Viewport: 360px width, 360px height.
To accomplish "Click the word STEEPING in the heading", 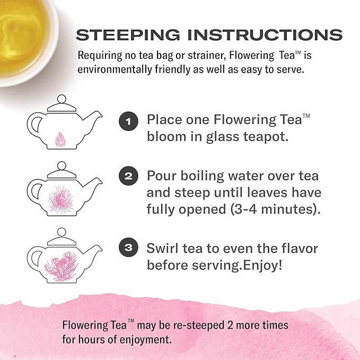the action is tap(128, 35).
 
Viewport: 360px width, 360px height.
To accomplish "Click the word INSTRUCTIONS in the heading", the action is tap(265, 35).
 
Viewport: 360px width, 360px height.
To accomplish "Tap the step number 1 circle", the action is tap(128, 121).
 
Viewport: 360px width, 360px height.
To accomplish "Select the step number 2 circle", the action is tap(128, 176).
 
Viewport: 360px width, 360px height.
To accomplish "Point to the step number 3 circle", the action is tap(128, 247).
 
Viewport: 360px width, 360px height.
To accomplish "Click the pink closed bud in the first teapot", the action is tap(60, 139).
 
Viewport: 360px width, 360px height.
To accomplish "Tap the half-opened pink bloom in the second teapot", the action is tap(61, 199).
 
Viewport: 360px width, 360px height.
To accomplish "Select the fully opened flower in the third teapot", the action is tap(62, 266).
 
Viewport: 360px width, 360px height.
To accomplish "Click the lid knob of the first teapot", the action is tap(62, 99).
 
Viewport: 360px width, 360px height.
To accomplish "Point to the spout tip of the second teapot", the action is tap(101, 180).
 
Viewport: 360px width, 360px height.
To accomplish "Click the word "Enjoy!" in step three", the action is tap(262, 266).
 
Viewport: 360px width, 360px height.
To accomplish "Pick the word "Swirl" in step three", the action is tap(162, 248).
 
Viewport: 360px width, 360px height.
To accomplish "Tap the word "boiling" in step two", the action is tap(202, 177).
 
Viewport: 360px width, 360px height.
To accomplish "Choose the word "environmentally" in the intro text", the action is tap(115, 69).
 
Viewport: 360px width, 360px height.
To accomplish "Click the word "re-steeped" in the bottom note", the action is tap(199, 326).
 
